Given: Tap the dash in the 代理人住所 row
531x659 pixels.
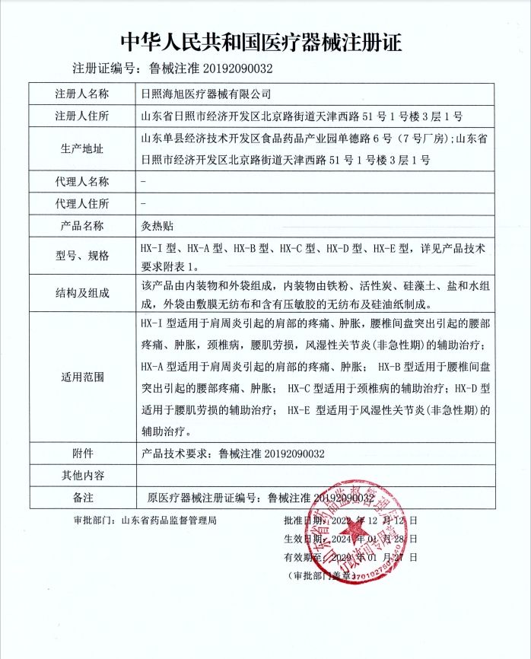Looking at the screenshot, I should tap(145, 203).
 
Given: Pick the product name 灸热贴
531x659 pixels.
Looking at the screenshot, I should tap(157, 226).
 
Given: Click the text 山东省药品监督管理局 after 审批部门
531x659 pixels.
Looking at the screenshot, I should tap(169, 521).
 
